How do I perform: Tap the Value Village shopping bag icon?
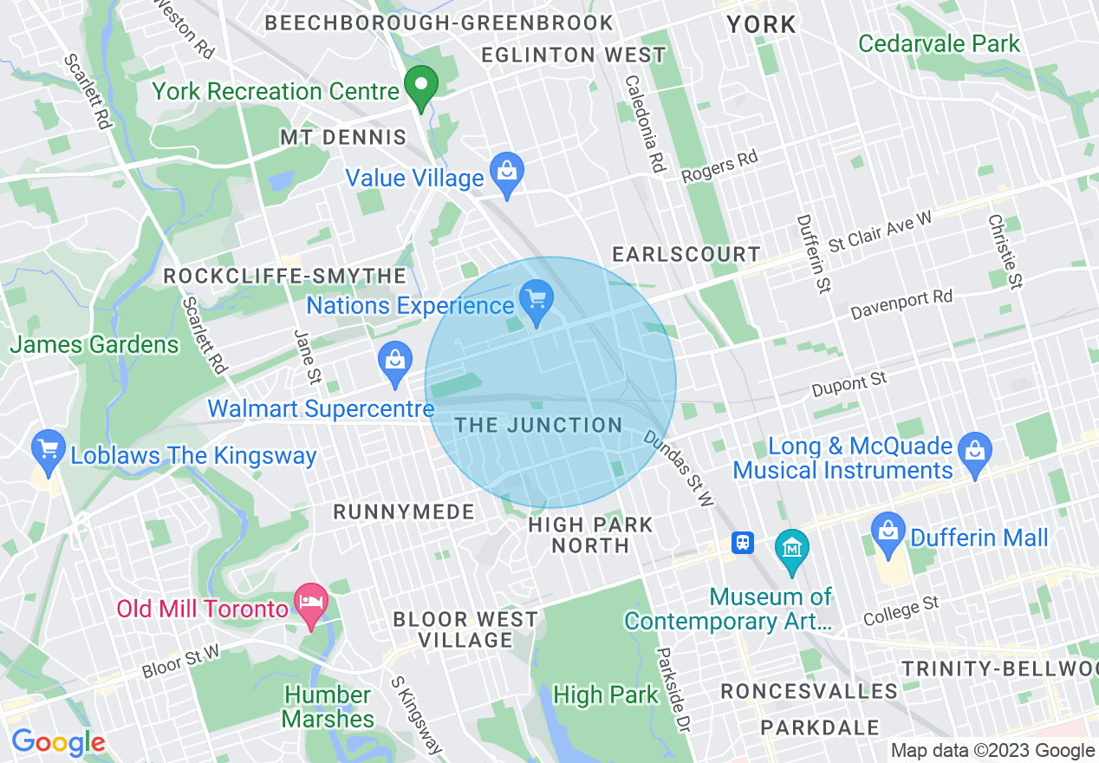[506, 173]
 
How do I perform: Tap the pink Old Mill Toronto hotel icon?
[311, 603]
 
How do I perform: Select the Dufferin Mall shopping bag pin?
[888, 531]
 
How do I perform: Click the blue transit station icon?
[743, 544]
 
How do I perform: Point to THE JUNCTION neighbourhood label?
[538, 425]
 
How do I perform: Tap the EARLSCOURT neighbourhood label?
[686, 254]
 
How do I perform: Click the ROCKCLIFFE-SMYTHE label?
[284, 276]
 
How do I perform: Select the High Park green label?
[606, 695]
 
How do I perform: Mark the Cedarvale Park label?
[940, 43]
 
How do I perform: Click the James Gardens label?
[94, 344]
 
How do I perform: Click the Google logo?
[57, 743]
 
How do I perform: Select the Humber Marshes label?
[328, 707]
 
